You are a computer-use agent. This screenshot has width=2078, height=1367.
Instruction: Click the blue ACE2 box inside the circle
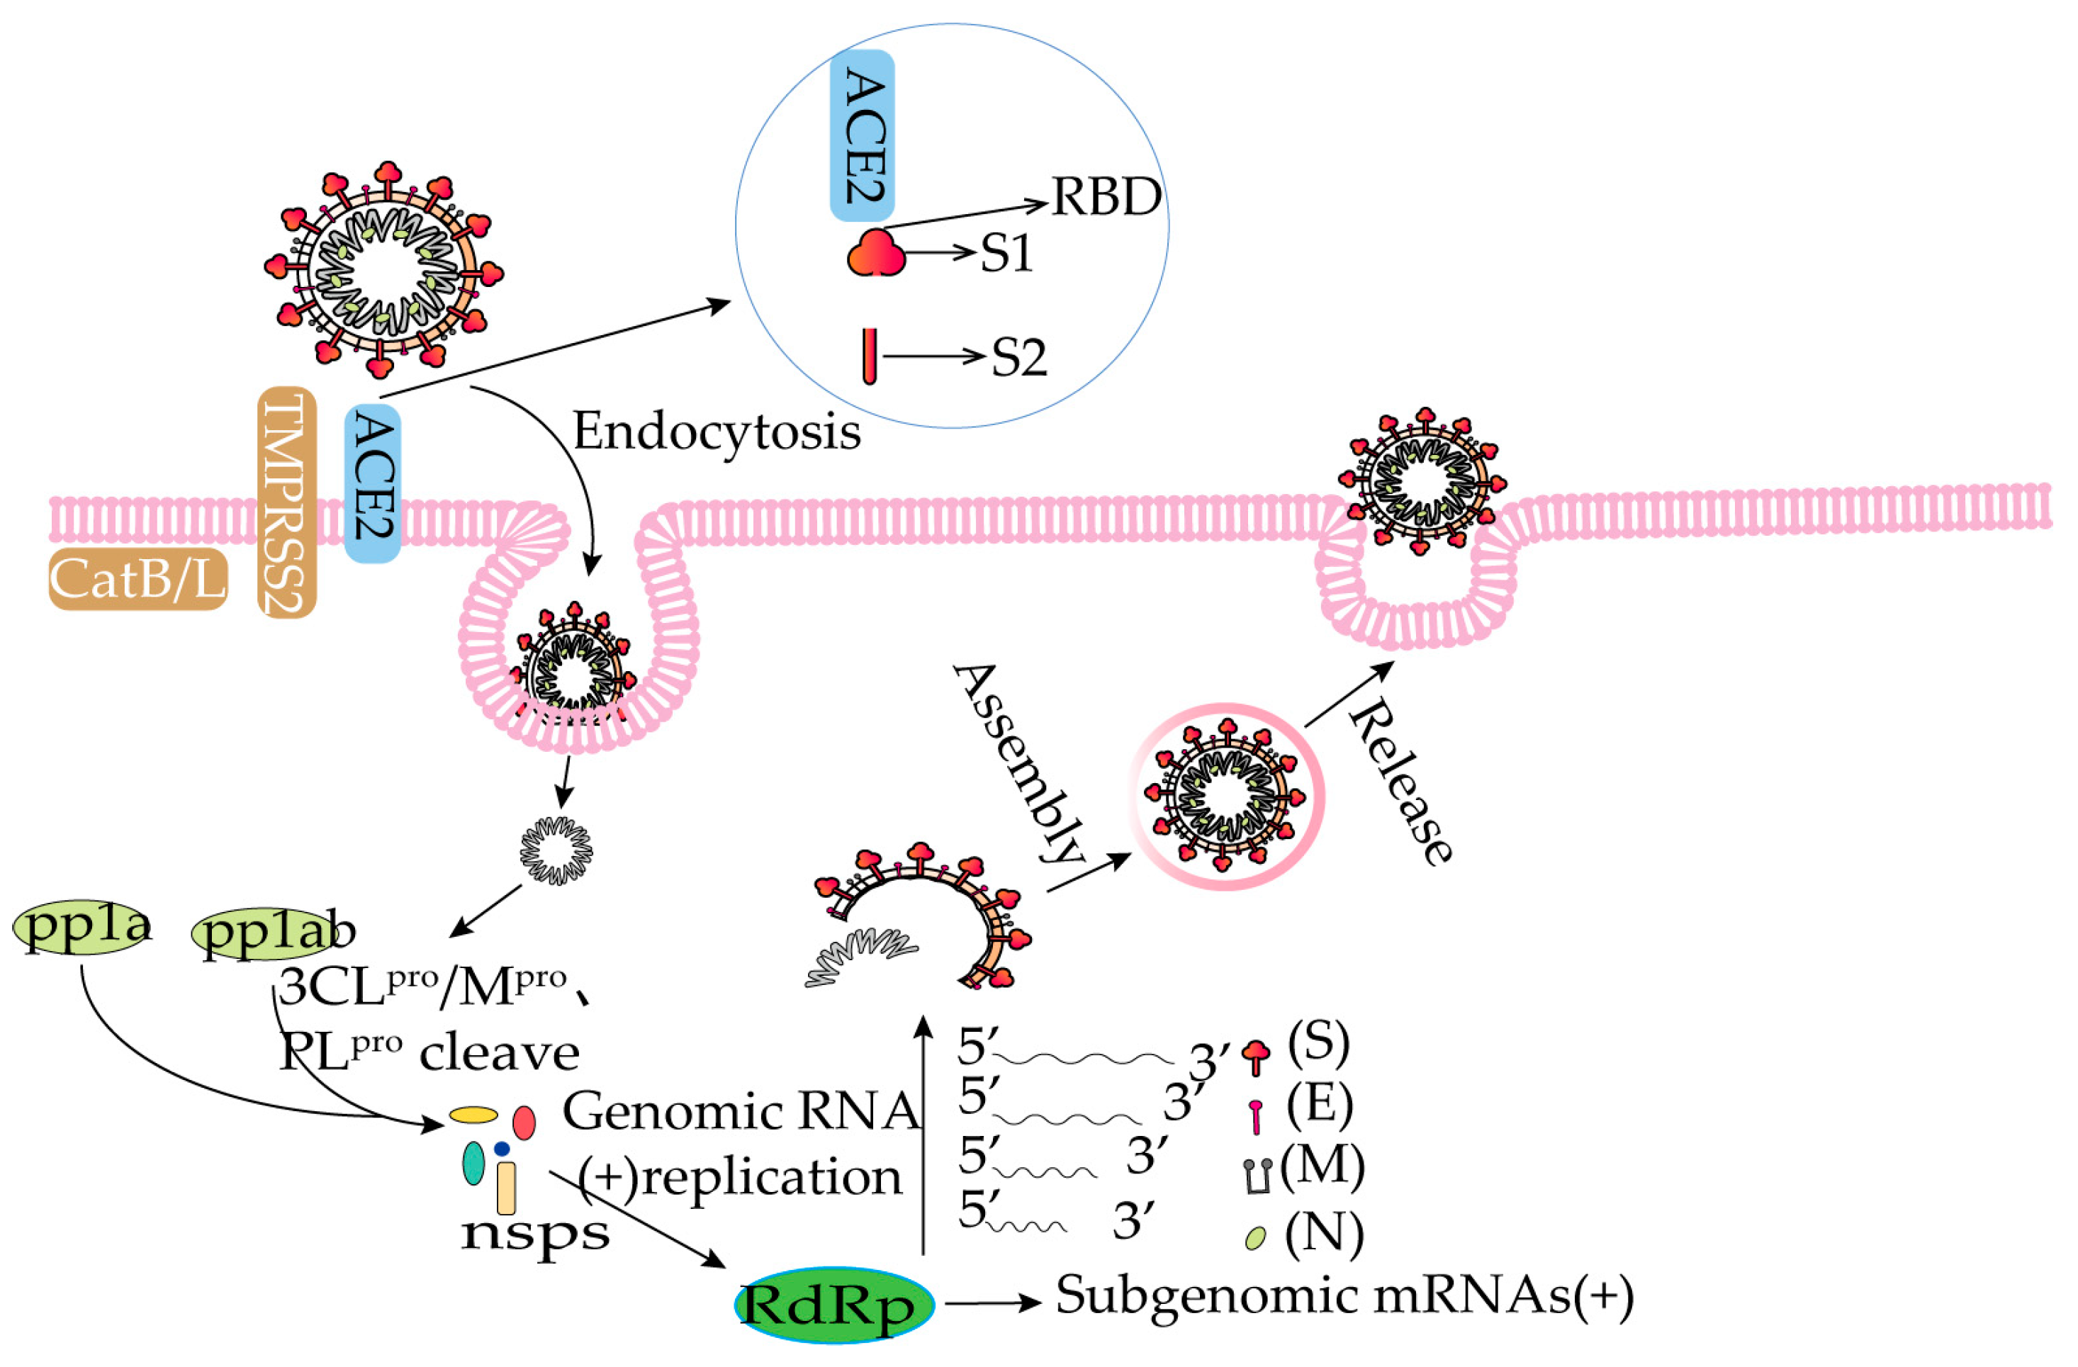[x=862, y=135]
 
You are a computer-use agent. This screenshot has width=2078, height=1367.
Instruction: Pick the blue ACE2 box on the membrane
[x=373, y=482]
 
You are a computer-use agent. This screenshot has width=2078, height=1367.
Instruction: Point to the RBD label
[x=1106, y=197]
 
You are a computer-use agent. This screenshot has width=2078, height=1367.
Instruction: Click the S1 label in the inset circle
[x=1006, y=254]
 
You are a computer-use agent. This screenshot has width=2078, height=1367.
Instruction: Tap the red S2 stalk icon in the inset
[x=869, y=356]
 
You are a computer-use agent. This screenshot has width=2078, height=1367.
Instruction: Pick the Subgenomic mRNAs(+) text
[x=1344, y=1295]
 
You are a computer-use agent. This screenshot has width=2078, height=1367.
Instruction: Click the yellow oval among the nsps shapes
[x=473, y=1115]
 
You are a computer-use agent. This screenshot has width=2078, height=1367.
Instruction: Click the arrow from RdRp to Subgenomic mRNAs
[x=993, y=1303]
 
